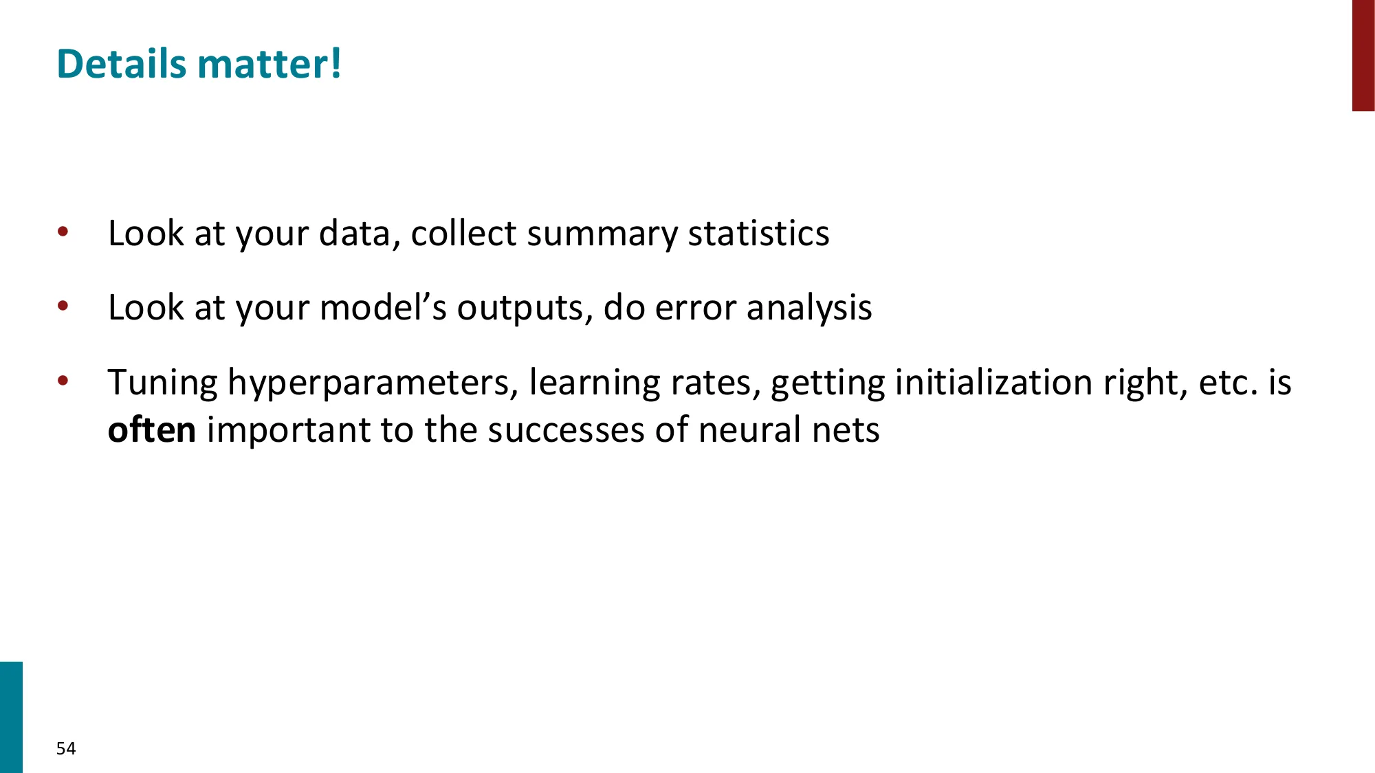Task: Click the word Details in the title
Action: (121, 64)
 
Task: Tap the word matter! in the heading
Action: (269, 64)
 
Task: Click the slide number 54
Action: (66, 748)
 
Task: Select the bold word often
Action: (152, 429)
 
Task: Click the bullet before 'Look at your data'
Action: (63, 232)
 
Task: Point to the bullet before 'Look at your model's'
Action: (63, 306)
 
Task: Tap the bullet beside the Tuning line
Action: (63, 381)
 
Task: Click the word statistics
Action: (758, 234)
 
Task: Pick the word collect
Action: (463, 234)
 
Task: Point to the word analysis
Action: (809, 309)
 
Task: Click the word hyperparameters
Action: (373, 383)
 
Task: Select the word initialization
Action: (993, 382)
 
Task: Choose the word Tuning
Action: (162, 383)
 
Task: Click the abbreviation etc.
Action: (1228, 383)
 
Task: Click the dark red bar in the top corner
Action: (1363, 55)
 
